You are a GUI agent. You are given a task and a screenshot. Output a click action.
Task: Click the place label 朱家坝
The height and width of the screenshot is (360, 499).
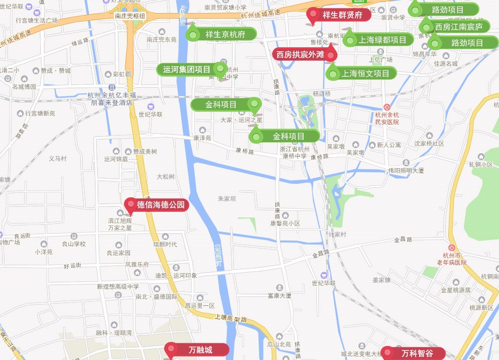pos(227,199)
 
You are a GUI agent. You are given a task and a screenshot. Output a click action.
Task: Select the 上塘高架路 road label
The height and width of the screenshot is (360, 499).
pos(231,318)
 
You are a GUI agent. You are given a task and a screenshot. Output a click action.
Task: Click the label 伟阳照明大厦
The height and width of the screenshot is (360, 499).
pos(406,170)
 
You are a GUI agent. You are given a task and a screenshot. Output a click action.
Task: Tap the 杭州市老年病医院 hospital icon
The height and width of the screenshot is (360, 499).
pos(451,248)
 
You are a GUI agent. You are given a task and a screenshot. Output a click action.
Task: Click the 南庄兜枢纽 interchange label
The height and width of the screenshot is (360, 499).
pos(130,16)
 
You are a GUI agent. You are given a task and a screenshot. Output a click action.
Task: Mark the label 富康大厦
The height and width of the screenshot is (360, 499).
pos(280,296)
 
